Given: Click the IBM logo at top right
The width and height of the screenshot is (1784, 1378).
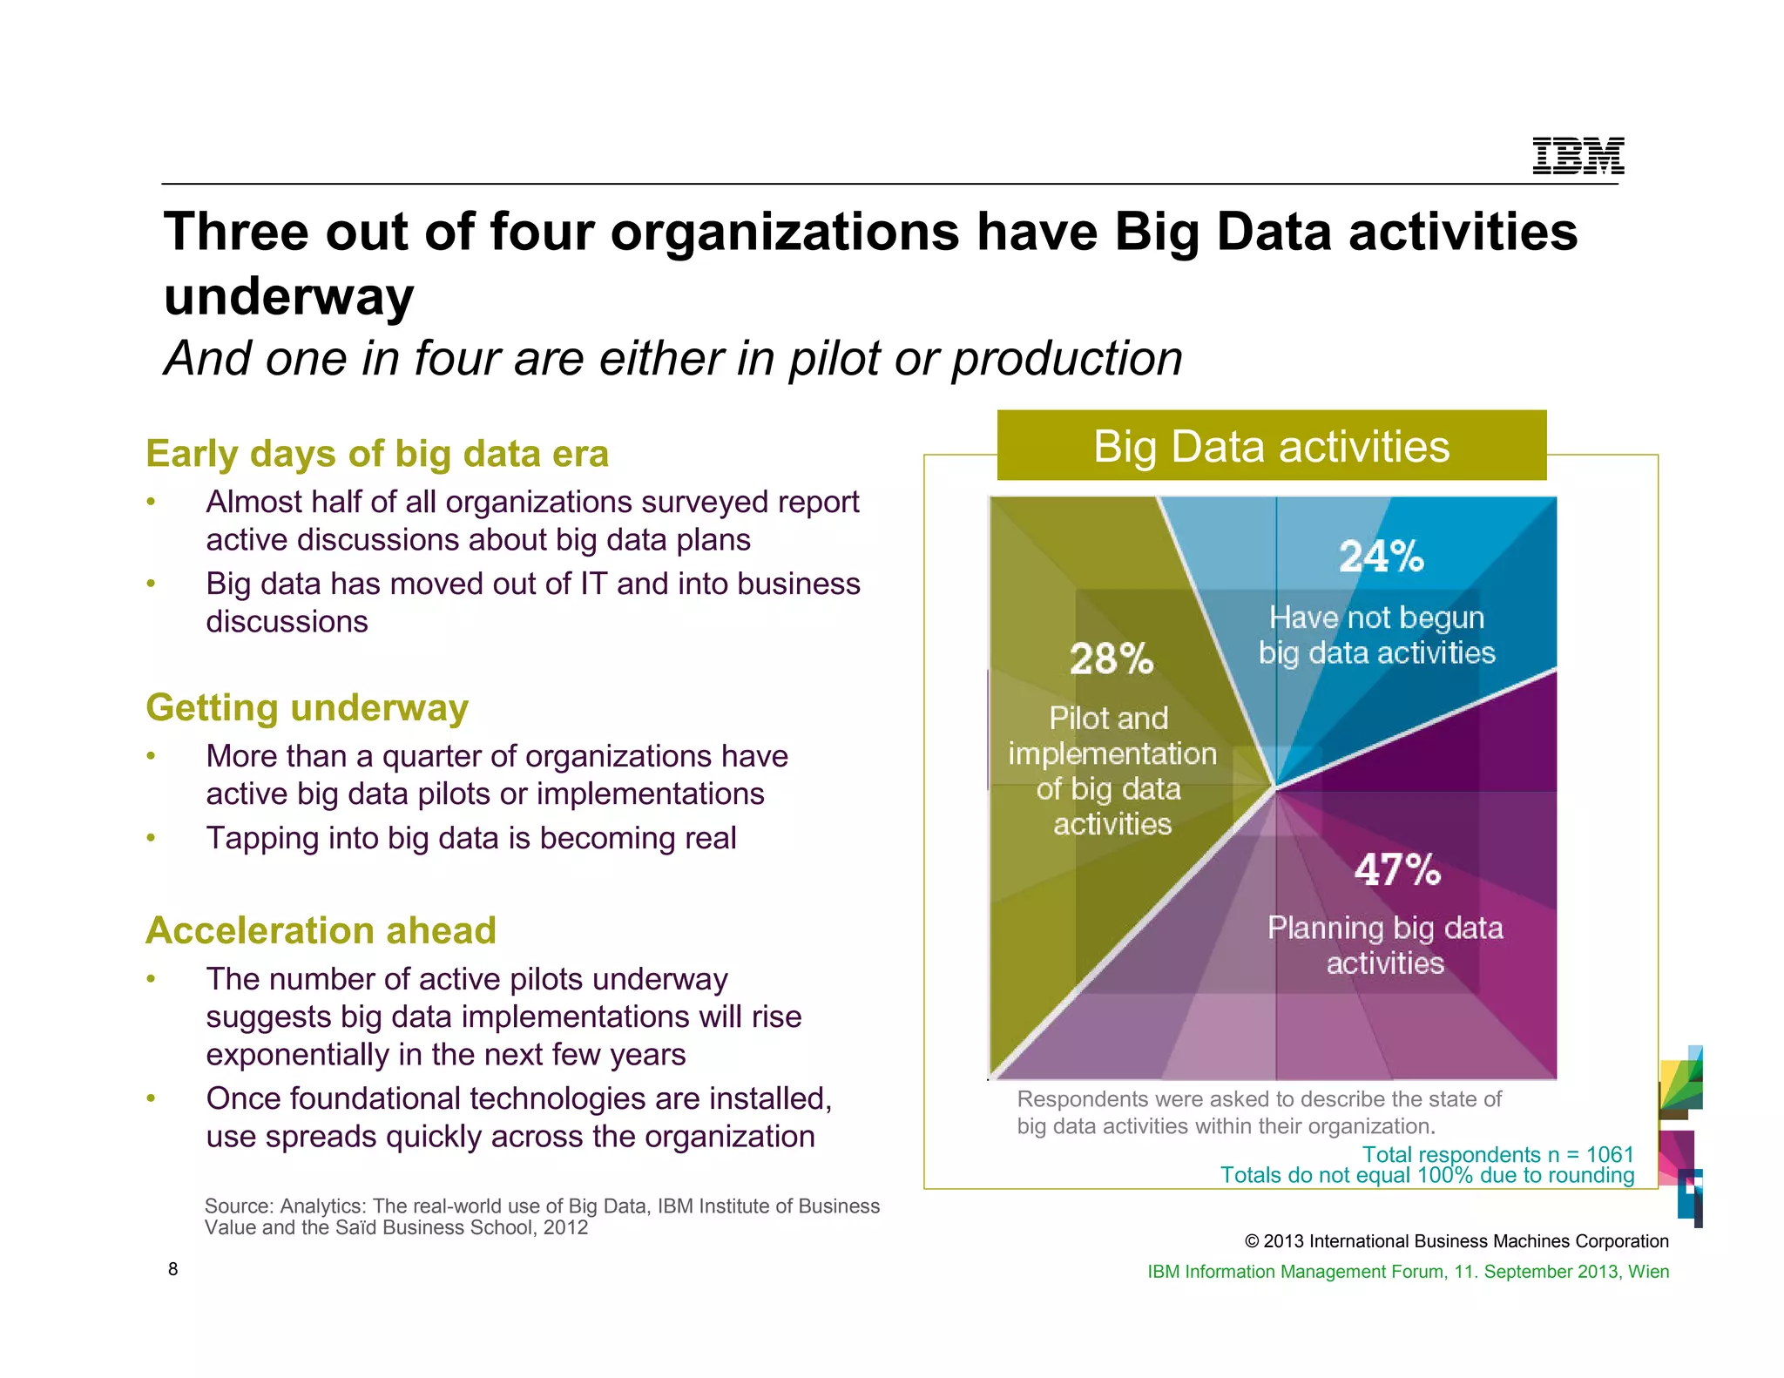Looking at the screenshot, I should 1578,157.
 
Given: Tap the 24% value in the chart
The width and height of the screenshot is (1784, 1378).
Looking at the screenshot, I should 1381,556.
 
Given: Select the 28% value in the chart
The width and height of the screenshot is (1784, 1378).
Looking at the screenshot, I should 1112,659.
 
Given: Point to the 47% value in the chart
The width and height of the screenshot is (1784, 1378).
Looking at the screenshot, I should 1397,869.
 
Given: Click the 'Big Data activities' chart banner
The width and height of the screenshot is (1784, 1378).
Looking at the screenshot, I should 1271,446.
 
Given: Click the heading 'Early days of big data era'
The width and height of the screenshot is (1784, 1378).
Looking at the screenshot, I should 377,454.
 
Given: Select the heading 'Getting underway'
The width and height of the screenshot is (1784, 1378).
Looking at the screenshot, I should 307,707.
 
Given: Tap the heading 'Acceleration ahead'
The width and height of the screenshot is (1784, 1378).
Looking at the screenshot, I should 321,930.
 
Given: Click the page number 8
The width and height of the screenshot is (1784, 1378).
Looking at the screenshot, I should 172,1269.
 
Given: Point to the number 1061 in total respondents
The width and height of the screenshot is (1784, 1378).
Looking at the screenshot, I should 1610,1154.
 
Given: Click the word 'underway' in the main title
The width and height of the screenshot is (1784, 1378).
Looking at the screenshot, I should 288,296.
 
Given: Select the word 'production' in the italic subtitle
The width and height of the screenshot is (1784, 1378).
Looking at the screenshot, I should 1067,358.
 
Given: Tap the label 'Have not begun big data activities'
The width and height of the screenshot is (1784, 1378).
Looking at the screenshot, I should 1376,635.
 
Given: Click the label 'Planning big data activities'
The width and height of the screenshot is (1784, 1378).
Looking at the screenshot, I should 1385,945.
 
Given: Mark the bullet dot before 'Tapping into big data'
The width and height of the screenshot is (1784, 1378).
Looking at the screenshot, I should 151,838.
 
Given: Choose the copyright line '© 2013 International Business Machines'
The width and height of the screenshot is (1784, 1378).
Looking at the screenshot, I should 1456,1241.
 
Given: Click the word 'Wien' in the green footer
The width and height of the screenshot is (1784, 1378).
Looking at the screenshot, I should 1648,1271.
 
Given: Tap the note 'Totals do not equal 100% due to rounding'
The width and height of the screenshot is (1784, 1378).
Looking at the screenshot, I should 1427,1175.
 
